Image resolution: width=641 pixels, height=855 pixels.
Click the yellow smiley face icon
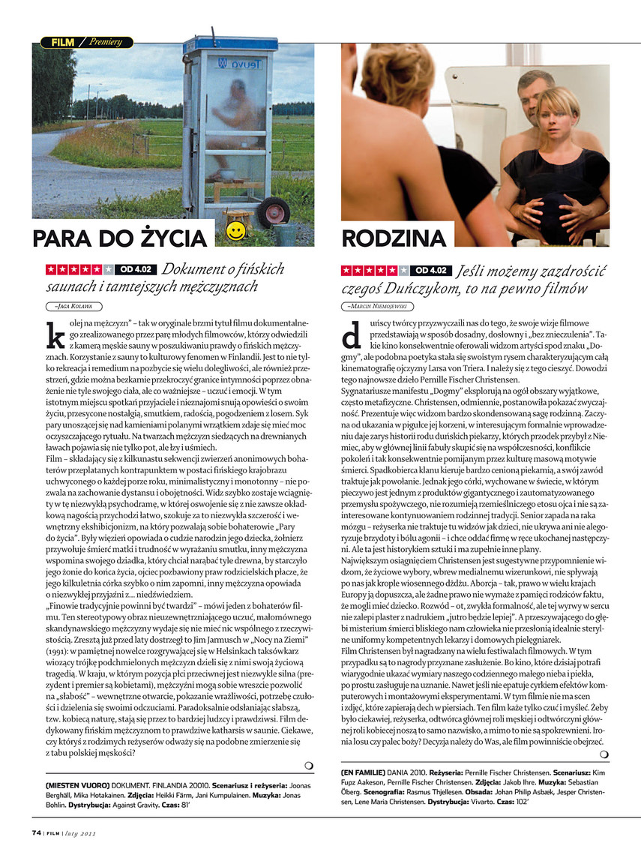(236, 231)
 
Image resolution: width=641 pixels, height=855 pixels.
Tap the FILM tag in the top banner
(62, 42)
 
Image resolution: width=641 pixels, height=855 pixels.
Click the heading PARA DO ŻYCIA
(119, 238)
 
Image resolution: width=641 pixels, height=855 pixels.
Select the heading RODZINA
(394, 238)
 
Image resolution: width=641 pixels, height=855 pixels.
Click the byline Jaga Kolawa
(74, 306)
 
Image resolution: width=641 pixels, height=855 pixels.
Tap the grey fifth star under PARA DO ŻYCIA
(109, 268)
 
